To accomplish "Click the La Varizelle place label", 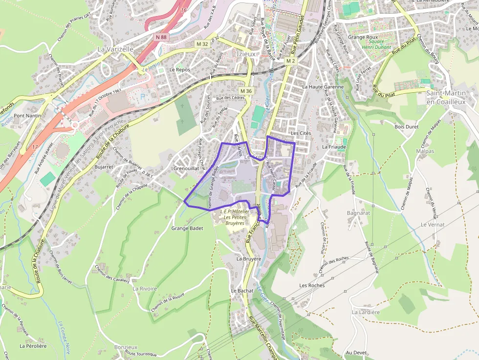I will [x=115, y=49].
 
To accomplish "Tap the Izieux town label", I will [x=246, y=54].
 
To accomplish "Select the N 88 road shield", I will [x=162, y=37].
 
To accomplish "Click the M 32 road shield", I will [x=202, y=44].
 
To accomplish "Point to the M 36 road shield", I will [x=246, y=91].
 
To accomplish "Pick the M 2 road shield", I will [x=290, y=61].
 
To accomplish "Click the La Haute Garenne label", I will [x=323, y=86].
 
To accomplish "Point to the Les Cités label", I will [x=301, y=133].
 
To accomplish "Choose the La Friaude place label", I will [x=334, y=147].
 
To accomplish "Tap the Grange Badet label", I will [x=187, y=228].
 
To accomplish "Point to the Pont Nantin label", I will [x=27, y=116].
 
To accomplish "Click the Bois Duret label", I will [x=406, y=127].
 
